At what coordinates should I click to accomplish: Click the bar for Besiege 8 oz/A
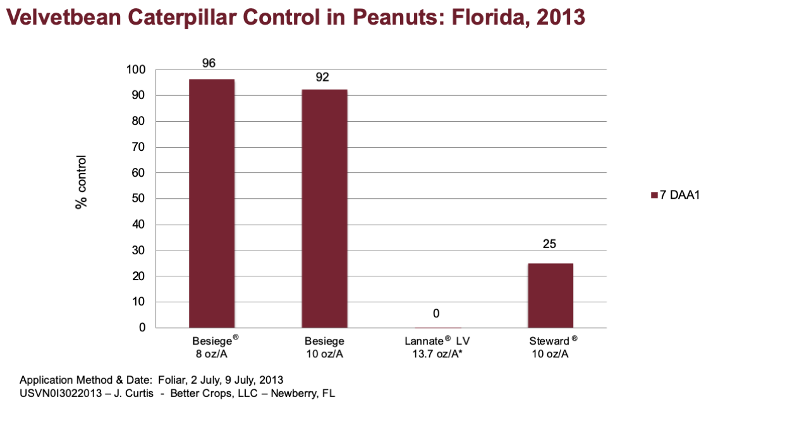(x=212, y=203)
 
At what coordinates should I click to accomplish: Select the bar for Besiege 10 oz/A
(x=324, y=208)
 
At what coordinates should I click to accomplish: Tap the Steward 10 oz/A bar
(x=550, y=295)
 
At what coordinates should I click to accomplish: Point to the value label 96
(x=209, y=63)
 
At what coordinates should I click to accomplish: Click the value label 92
(x=322, y=77)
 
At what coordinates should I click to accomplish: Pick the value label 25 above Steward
(x=549, y=244)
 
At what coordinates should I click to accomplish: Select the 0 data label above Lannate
(x=436, y=314)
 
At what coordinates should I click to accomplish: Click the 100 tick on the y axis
(x=136, y=69)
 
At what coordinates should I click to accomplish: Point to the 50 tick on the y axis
(x=138, y=198)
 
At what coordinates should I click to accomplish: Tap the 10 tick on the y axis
(x=138, y=302)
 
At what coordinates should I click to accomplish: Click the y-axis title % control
(x=82, y=182)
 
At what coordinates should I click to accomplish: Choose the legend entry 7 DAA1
(x=676, y=195)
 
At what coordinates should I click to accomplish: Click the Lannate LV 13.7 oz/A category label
(x=437, y=347)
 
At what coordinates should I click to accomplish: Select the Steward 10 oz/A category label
(x=552, y=347)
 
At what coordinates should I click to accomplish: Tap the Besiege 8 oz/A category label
(x=215, y=347)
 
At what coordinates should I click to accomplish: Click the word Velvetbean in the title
(x=64, y=17)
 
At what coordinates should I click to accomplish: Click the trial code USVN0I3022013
(x=61, y=393)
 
